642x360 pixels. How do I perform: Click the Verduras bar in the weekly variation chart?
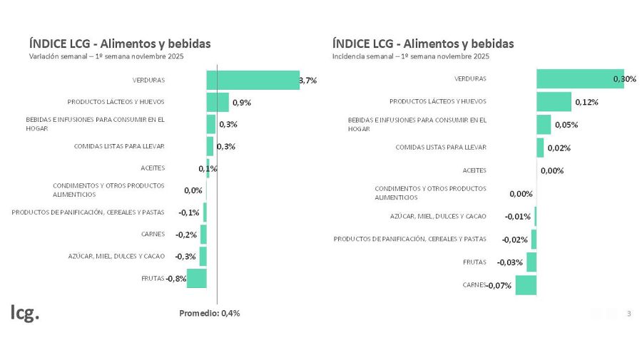[253, 80]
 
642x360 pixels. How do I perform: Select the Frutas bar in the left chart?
[196, 278]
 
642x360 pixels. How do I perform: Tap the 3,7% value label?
[307, 81]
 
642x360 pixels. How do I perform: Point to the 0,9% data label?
[242, 103]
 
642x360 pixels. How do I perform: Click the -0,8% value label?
[176, 279]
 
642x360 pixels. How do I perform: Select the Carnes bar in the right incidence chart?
[526, 285]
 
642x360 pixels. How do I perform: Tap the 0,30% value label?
[624, 79]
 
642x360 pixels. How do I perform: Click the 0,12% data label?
[586, 102]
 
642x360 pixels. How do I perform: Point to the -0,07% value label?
[499, 286]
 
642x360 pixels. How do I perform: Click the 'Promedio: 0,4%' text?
[209, 313]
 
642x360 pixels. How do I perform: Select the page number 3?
[628, 314]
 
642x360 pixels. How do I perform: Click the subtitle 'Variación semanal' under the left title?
[106, 56]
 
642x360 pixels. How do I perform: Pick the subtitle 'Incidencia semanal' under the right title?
[411, 56]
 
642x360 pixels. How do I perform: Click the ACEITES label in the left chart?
[153, 168]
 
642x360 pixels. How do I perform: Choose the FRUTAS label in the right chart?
[474, 262]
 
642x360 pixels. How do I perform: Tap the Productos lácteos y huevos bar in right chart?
[554, 102]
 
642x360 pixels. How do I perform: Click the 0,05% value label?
[566, 125]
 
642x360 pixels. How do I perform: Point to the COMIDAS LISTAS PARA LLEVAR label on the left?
[119, 146]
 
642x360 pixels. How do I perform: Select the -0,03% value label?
[510, 262]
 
